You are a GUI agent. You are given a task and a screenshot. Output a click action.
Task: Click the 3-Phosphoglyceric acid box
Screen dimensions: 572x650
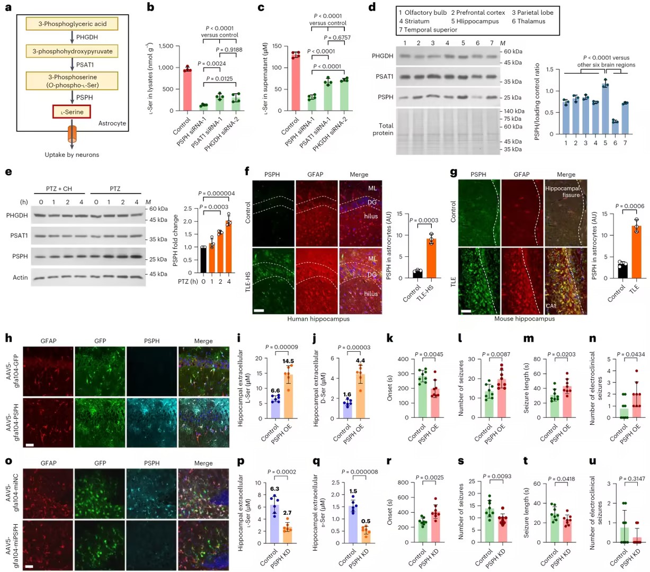pyautogui.click(x=72, y=24)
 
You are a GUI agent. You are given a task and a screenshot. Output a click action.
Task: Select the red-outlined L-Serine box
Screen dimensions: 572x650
pyautogui.click(x=72, y=112)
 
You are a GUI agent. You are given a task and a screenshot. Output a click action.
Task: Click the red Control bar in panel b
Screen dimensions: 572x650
pyautogui.click(x=187, y=90)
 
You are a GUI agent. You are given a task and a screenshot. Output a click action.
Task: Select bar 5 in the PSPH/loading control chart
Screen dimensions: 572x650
pyautogui.click(x=605, y=108)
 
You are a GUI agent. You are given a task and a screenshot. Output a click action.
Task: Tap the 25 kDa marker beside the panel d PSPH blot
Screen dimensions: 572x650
pyautogui.click(x=513, y=98)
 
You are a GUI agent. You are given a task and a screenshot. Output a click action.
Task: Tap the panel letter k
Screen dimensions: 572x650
pyautogui.click(x=390, y=339)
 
